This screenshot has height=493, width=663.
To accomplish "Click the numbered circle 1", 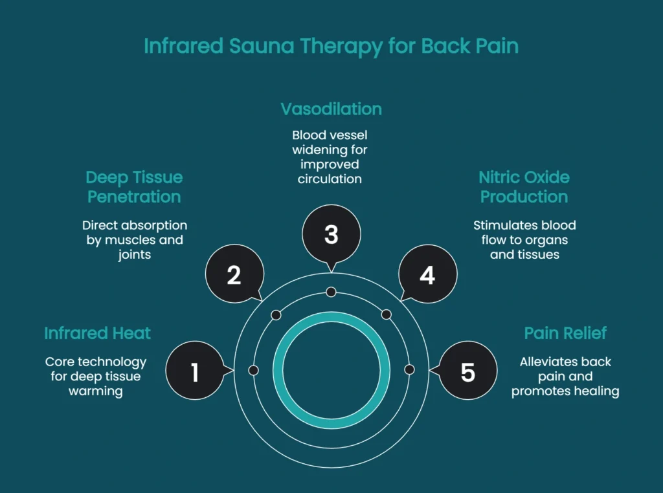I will click(195, 372).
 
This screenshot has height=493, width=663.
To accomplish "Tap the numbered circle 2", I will click(234, 275).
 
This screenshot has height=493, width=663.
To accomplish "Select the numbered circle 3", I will click(331, 234).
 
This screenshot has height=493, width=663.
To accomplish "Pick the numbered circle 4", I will click(427, 275).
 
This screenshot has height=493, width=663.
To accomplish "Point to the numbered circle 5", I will click(467, 372).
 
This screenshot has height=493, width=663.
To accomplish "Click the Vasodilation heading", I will click(331, 109).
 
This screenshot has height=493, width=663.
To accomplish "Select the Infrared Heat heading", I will click(97, 333).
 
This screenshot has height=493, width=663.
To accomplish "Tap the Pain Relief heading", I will click(565, 333).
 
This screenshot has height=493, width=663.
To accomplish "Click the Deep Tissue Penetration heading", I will click(134, 187).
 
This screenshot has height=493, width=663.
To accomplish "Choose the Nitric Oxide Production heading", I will click(524, 187).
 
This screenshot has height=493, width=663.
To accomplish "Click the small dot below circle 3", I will click(331, 292).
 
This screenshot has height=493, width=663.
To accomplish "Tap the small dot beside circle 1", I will click(253, 370).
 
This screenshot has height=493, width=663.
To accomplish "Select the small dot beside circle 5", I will click(409, 370).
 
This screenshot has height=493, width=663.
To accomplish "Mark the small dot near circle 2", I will click(276, 315).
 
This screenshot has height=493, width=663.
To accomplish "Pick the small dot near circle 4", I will click(387, 315).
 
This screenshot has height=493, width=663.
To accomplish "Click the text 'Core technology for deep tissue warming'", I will click(96, 377).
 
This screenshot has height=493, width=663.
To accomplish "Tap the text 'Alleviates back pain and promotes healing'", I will click(565, 377).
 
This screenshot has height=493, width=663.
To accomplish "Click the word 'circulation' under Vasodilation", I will click(330, 179).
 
